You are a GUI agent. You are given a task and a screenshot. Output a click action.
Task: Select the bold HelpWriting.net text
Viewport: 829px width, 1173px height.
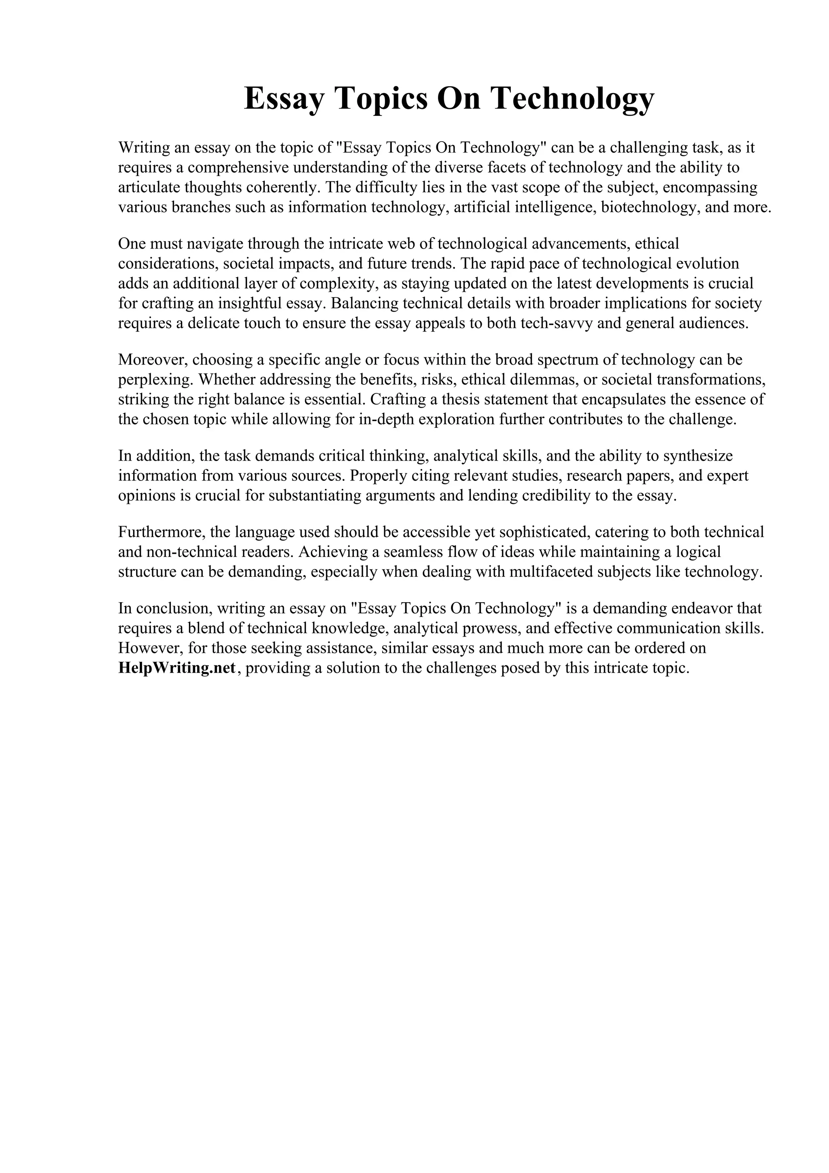177,668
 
